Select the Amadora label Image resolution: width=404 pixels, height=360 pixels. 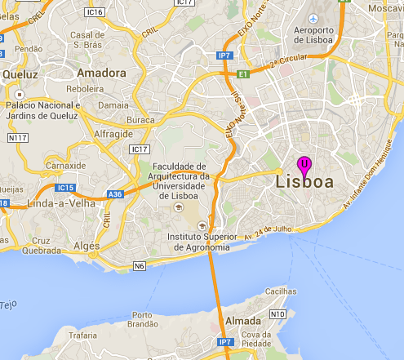pos(101,73)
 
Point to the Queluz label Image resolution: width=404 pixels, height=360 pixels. pos(20,73)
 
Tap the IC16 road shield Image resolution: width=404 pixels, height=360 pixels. pos(95,12)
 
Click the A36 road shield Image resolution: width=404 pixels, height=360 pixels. pos(116,195)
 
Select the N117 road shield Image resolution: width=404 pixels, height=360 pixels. pos(17,139)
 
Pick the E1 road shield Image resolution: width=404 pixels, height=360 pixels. pos(242,73)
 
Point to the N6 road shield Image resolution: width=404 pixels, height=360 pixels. pos(140,265)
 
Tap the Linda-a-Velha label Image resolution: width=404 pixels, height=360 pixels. pos(58,202)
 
